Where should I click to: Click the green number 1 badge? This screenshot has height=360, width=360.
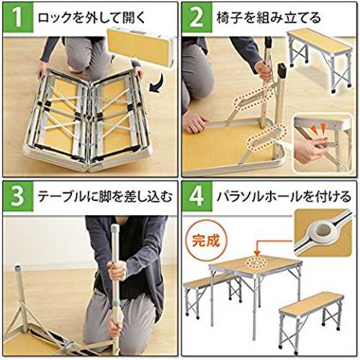click(x=18, y=17)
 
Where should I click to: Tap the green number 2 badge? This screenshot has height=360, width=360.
click(x=197, y=17)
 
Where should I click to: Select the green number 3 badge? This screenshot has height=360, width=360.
click(x=18, y=197)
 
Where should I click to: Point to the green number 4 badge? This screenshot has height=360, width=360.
click(x=197, y=197)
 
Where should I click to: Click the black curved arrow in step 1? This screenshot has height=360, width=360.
click(x=158, y=84)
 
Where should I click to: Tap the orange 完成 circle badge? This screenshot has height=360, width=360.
click(x=207, y=240)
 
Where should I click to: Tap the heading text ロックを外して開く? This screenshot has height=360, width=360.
click(x=92, y=18)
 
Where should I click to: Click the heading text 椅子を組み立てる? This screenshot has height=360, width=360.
click(x=269, y=18)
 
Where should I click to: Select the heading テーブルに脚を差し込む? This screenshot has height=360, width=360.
click(x=105, y=197)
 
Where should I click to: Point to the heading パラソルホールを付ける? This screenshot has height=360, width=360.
click(x=284, y=197)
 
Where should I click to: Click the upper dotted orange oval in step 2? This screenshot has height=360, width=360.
click(x=253, y=99)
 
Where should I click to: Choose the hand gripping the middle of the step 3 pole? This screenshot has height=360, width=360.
click(x=117, y=270)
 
